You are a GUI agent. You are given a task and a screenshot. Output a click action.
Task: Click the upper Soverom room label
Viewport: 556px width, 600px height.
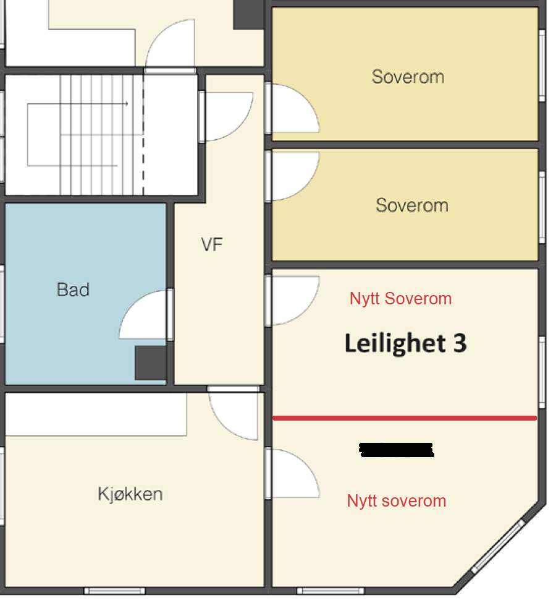[x=408, y=77]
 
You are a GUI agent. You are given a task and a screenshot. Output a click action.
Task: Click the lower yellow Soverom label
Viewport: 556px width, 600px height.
[x=412, y=205]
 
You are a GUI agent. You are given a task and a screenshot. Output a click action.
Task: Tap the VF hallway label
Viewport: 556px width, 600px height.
[x=211, y=245]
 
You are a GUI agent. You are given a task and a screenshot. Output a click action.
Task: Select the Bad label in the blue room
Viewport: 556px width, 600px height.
[x=73, y=289]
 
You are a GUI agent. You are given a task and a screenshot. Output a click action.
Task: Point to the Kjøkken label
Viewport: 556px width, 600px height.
[x=130, y=494]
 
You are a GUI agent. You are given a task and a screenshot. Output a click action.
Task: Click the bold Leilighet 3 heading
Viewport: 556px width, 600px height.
[x=405, y=343]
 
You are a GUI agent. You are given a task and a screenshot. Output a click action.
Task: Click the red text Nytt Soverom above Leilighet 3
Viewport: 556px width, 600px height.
[x=400, y=299]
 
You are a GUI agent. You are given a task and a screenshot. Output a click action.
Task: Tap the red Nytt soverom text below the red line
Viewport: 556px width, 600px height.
[x=396, y=501]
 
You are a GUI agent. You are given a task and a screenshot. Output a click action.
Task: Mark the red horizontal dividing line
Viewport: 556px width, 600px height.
[x=405, y=419]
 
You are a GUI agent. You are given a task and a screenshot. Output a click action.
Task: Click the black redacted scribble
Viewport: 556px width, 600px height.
[x=396, y=450]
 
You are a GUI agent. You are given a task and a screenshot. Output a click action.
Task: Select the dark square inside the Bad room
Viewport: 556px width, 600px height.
[x=150, y=362]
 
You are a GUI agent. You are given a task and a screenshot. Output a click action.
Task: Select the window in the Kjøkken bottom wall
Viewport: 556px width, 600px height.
[x=114, y=591]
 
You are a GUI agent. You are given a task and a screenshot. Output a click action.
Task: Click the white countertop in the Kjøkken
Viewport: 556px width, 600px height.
[x=96, y=414]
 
